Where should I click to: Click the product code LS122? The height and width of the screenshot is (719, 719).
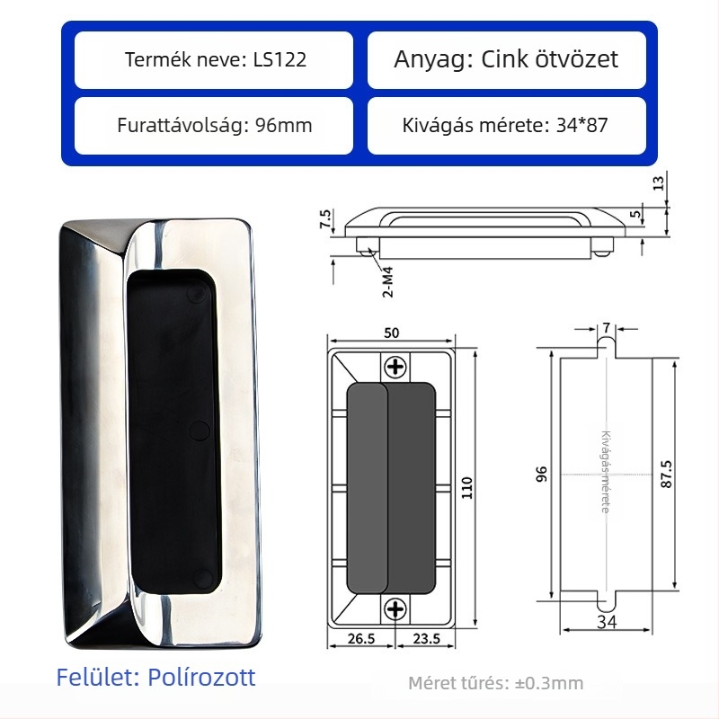[280, 59]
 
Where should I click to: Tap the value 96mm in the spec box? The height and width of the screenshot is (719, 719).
[283, 125]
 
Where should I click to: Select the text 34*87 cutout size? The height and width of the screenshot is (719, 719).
[581, 125]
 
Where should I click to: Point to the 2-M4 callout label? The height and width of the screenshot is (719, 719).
[388, 282]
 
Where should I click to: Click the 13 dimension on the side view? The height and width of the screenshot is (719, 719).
[659, 183]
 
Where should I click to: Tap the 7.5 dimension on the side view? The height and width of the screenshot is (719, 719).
[325, 219]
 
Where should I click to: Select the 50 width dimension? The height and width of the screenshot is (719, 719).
[391, 333]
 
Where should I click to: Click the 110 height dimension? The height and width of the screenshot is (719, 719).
[466, 488]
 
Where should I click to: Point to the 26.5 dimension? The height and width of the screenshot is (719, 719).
[361, 638]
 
